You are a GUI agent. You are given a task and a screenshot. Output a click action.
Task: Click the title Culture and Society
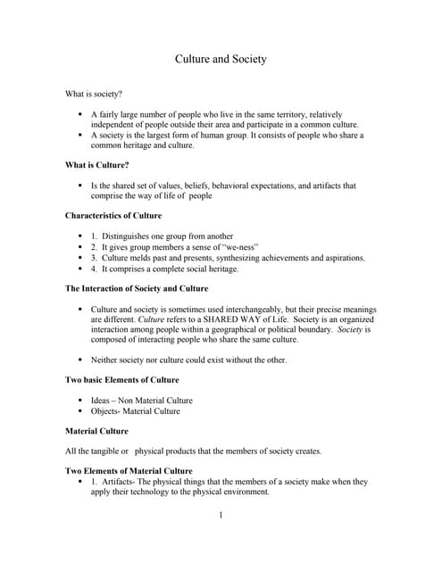click(220, 60)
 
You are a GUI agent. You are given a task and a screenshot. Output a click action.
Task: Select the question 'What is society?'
click(94, 94)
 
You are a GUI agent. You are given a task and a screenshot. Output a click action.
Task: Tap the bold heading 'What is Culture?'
click(97, 165)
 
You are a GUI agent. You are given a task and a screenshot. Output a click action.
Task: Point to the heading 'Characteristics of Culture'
click(113, 216)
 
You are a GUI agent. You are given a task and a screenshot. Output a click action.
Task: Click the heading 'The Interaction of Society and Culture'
click(137, 288)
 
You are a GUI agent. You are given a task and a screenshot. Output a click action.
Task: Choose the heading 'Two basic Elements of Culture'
click(122, 380)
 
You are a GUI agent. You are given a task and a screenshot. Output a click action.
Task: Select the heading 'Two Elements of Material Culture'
click(129, 470)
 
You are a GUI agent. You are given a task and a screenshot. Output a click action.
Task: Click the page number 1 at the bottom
click(221, 515)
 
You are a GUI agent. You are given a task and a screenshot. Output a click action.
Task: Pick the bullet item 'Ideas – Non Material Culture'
click(141, 401)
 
